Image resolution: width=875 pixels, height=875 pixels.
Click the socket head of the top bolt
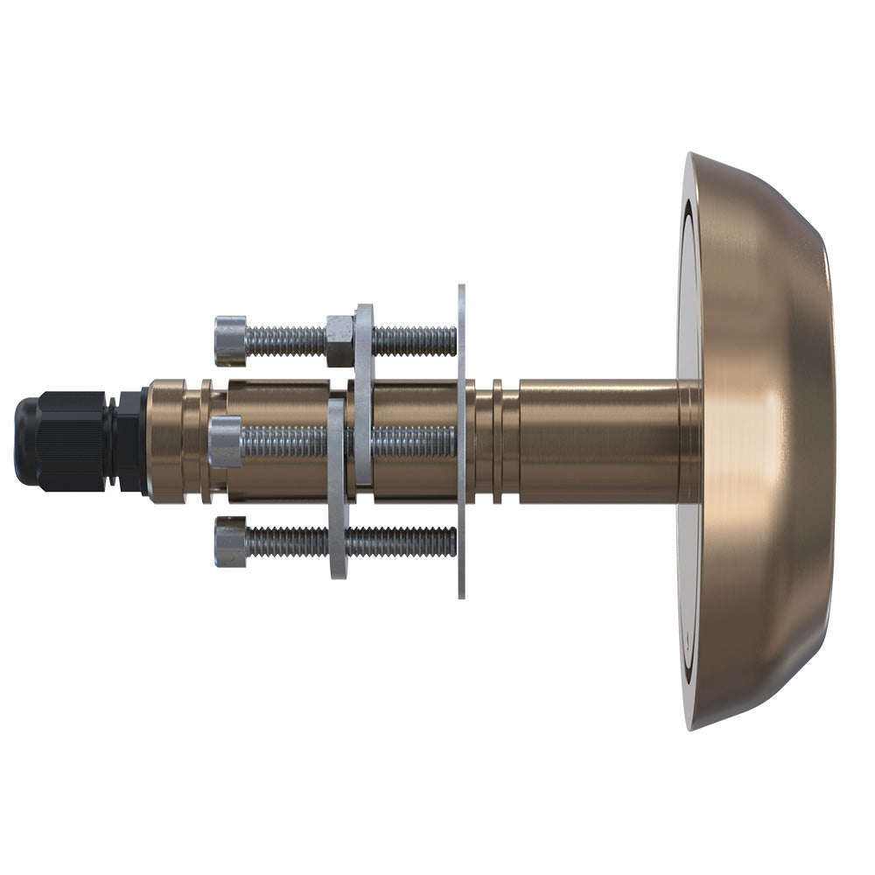click(x=230, y=340)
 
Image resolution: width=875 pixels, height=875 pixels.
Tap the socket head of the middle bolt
click(x=226, y=442)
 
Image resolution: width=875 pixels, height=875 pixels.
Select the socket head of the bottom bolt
click(x=230, y=542)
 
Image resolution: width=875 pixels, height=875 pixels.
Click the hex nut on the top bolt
click(x=339, y=340)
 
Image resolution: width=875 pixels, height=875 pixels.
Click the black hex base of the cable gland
click(x=132, y=441)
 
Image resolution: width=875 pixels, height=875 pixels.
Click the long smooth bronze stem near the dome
click(x=595, y=441)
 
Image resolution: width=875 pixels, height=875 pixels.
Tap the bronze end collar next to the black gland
click(x=166, y=441)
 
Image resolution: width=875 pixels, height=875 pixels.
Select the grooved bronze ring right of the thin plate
click(x=497, y=441)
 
